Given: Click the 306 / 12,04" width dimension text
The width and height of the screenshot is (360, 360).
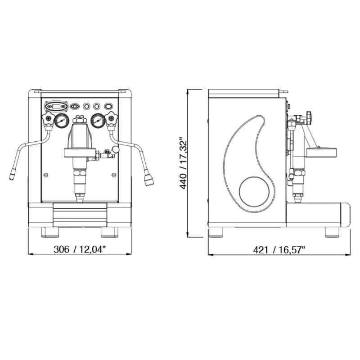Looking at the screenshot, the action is [80, 249].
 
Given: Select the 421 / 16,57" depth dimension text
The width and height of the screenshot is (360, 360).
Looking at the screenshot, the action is [279, 250].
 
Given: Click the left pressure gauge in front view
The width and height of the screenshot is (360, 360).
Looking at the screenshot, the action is [62, 121].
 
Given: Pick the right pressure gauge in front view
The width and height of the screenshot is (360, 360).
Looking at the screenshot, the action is [98, 121].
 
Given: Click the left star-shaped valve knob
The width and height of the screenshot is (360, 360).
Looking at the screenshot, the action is [48, 118].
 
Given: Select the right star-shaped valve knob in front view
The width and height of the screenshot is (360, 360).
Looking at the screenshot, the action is [111, 118].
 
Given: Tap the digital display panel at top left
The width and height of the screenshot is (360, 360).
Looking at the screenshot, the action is [56, 106].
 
